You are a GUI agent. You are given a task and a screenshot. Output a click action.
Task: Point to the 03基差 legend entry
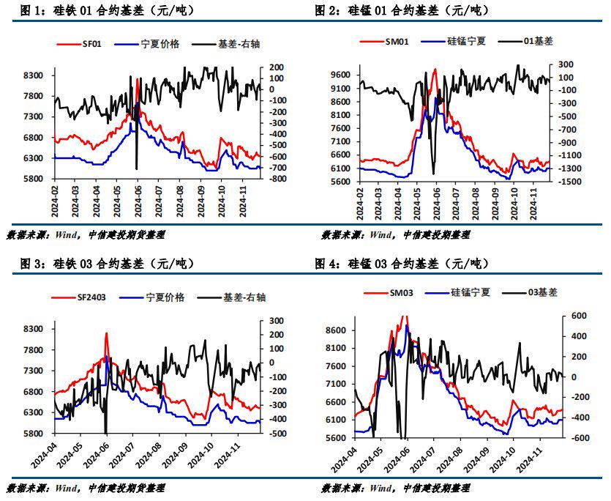tap(542, 292)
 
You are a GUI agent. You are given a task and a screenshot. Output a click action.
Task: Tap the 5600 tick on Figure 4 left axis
tap(336, 438)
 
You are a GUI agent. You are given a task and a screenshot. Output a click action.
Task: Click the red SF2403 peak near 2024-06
tap(107, 333)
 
